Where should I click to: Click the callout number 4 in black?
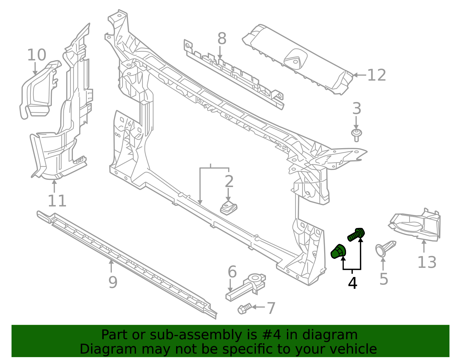352,283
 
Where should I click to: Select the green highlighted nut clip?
338,251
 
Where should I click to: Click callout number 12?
377,75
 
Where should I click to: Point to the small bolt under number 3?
356,135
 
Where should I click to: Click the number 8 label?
222,39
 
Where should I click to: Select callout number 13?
427,262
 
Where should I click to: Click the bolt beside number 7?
244,309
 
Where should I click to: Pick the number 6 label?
232,272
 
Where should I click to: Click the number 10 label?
37,55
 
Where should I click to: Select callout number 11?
57,201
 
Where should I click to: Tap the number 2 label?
229,181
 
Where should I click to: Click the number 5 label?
383,279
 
